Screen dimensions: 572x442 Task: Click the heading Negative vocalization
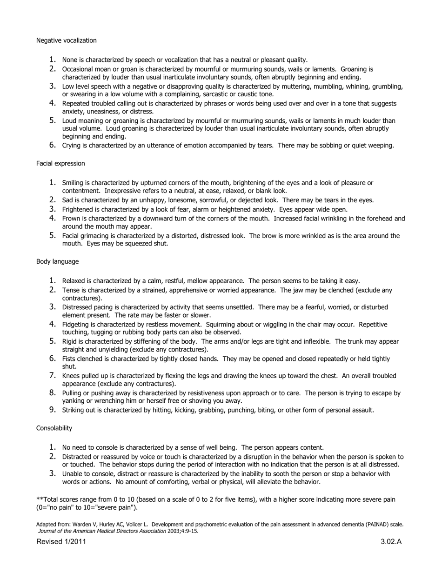[67, 40]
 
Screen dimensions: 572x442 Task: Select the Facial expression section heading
[60, 163]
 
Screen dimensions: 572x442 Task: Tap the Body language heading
[57, 261]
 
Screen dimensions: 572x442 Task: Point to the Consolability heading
[54, 428]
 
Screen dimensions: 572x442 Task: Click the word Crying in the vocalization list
[72, 146]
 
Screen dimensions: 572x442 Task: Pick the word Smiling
[74, 183]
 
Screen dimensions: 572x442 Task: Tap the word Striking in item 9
[74, 410]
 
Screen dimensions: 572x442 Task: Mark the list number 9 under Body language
[53, 410]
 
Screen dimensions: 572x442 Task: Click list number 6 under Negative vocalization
[53, 145]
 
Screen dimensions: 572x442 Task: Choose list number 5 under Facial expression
[53, 235]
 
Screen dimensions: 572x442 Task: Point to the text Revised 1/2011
[61, 541]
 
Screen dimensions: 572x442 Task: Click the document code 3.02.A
[391, 541]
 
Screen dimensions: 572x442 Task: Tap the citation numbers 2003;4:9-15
[183, 531]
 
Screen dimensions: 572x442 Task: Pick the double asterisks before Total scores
[39, 499]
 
